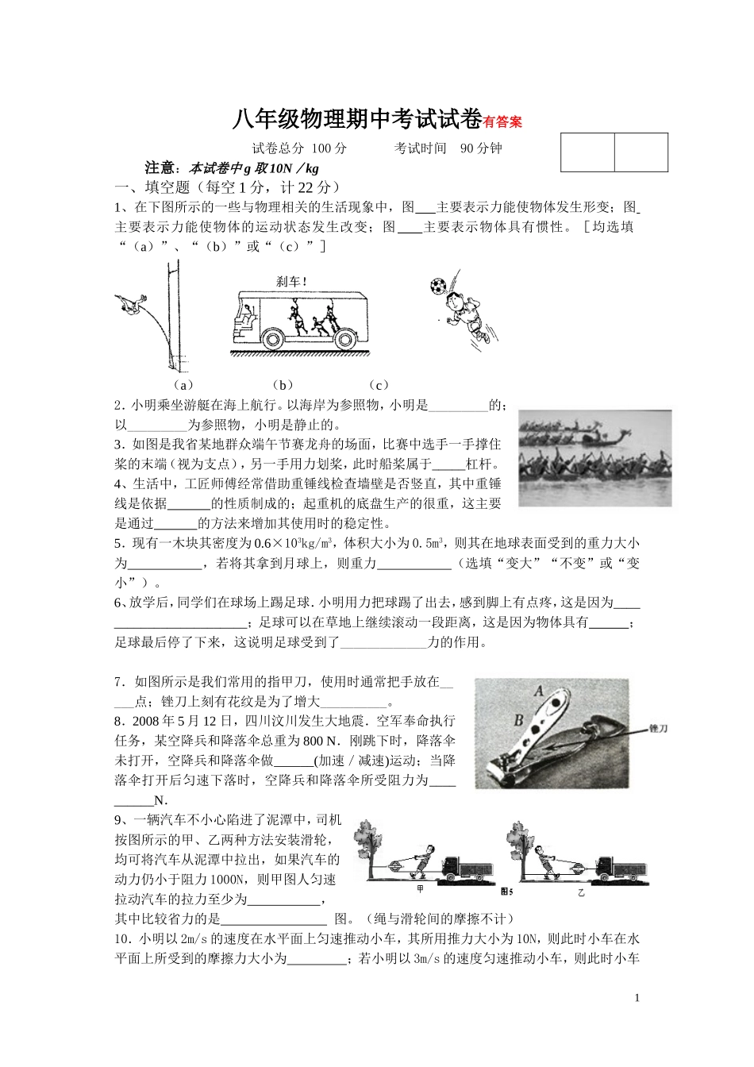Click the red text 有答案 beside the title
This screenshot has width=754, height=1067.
click(503, 122)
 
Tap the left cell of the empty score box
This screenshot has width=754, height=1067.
click(587, 152)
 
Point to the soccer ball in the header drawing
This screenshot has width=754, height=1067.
click(438, 286)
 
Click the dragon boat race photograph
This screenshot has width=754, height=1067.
click(594, 458)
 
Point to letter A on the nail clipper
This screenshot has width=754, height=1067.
click(540, 691)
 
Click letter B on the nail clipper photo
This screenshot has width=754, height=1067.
click(518, 720)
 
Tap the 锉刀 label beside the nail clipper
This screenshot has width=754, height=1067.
click(660, 727)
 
